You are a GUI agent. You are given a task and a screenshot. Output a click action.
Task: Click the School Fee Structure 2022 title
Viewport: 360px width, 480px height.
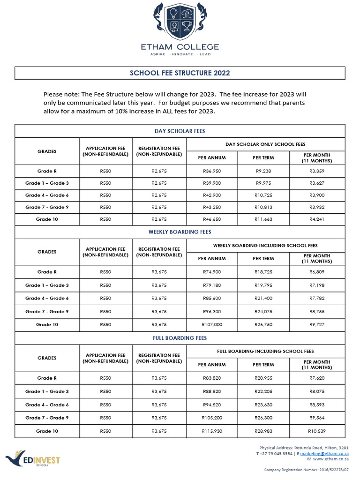(x=180, y=73)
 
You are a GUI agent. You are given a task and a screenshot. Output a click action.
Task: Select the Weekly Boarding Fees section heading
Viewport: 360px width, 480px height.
(x=180, y=232)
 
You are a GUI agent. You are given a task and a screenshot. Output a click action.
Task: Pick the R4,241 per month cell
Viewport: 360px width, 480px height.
(x=317, y=219)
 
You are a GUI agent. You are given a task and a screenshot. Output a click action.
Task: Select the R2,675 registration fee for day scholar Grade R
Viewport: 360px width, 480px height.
(x=159, y=171)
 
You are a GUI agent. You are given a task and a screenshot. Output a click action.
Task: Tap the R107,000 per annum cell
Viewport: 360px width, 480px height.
(x=212, y=324)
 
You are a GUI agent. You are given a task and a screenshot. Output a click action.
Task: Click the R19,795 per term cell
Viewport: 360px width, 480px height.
(x=263, y=285)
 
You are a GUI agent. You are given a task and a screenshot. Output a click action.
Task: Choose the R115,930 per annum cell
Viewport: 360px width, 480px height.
(x=212, y=431)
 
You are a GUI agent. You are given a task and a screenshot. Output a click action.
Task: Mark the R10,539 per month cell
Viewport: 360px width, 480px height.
(x=317, y=431)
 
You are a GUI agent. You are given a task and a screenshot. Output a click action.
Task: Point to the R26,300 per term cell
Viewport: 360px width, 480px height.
(x=263, y=418)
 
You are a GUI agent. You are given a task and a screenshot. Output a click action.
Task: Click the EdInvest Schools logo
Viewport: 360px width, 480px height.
(x=33, y=460)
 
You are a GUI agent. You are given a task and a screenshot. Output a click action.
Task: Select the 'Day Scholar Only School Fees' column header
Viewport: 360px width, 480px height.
(x=265, y=144)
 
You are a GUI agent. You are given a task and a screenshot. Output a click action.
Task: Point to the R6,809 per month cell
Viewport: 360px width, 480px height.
(x=317, y=272)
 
